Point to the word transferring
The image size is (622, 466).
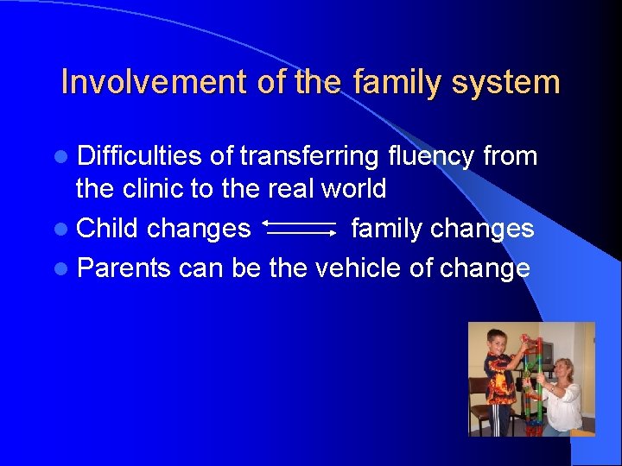(x=309, y=156)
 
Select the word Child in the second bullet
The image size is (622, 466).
(x=107, y=229)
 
